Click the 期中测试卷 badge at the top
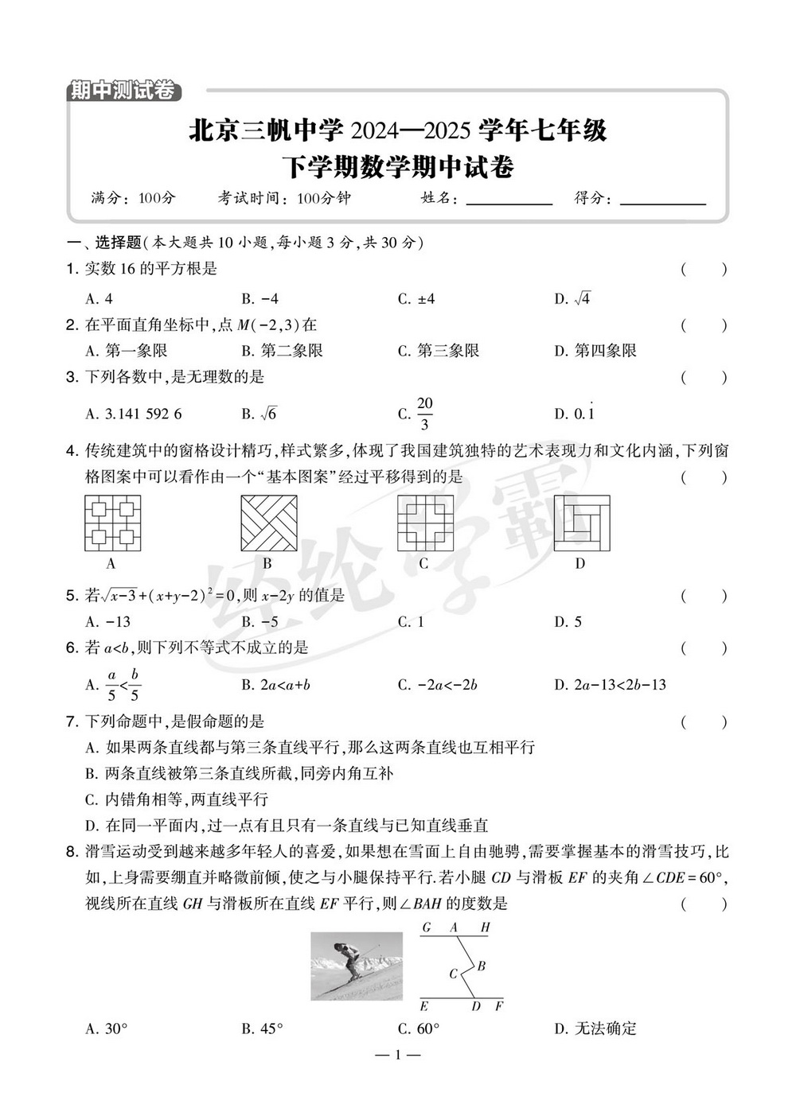[x=123, y=91]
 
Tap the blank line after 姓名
[x=509, y=199]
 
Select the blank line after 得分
[x=662, y=199]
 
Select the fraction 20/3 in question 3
[x=424, y=414]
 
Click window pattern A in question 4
[x=112, y=523]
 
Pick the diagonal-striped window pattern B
[x=268, y=523]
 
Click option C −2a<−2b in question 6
[x=447, y=685]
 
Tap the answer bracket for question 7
[x=704, y=722]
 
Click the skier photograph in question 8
[x=357, y=966]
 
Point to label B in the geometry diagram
[x=482, y=966]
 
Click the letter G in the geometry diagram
[x=427, y=927]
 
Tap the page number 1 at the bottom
[x=397, y=1056]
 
